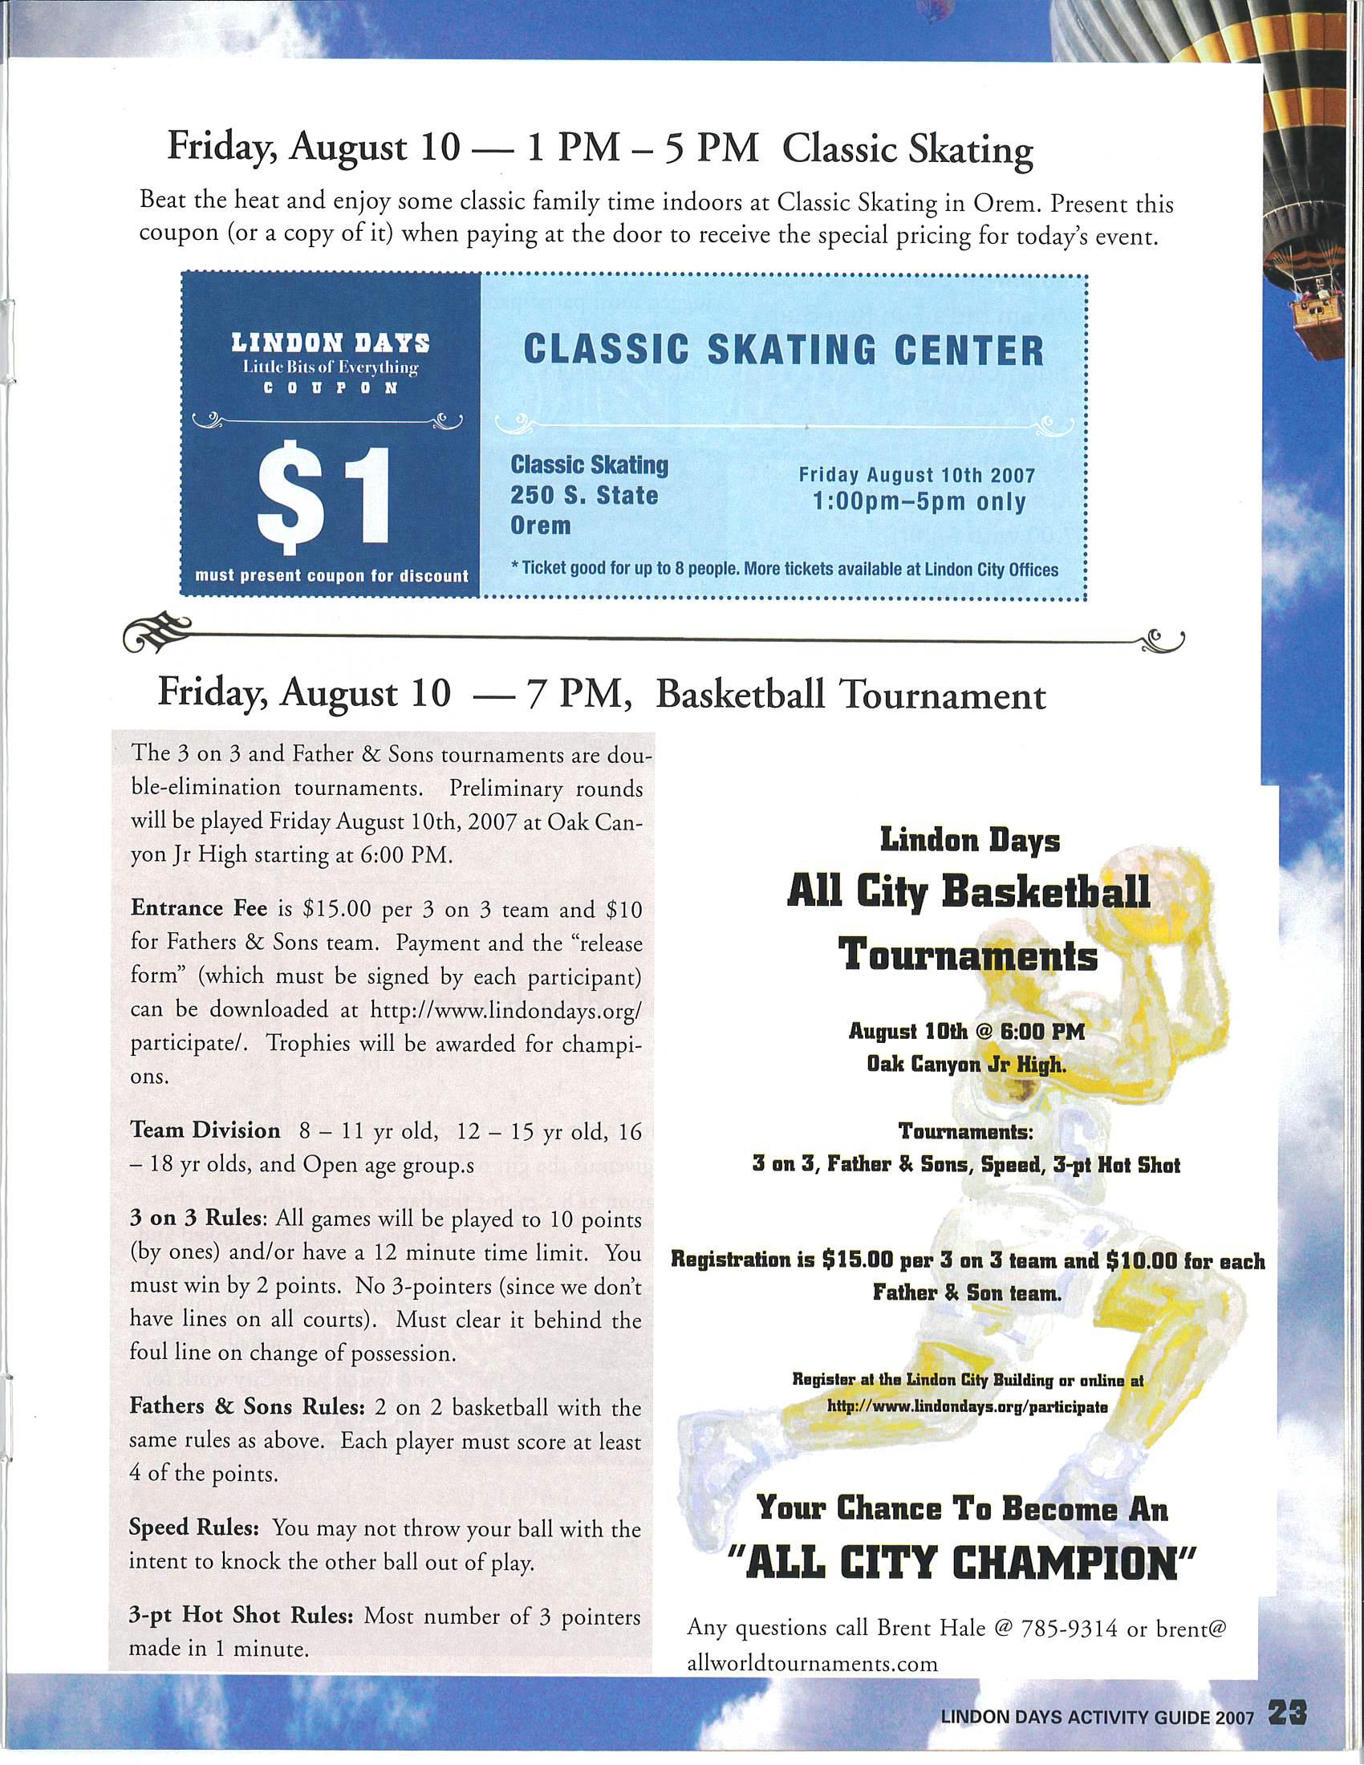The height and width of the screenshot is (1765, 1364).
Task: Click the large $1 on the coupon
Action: [x=329, y=499]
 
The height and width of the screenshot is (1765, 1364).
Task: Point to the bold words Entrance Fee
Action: [x=199, y=907]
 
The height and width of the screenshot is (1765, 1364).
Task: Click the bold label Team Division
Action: [x=205, y=1130]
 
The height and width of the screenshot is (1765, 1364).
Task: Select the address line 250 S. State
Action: [x=584, y=494]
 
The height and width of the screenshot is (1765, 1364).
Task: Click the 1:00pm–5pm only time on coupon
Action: [x=918, y=502]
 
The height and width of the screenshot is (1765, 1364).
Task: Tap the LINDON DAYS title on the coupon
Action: [x=330, y=343]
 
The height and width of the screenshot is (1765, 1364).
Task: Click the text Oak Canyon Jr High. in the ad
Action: [x=965, y=1065]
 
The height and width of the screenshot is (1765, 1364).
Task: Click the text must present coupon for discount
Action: [x=331, y=576]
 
